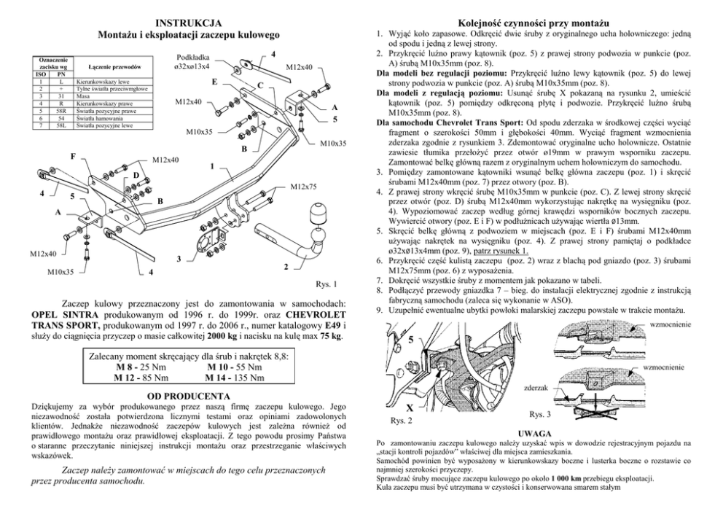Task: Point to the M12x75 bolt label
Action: click(305, 187)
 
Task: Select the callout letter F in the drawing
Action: click(73, 156)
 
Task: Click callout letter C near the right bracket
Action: click(259, 86)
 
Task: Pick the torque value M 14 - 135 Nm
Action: click(236, 378)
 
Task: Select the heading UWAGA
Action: click(536, 432)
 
